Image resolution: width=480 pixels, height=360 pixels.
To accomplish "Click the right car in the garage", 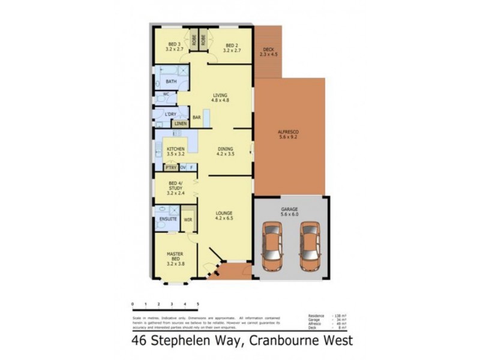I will pyautogui.click(x=310, y=247).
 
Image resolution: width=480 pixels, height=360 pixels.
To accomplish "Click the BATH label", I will pyautogui.click(x=171, y=82).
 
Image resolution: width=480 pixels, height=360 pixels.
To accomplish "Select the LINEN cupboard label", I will pyautogui.click(x=181, y=124).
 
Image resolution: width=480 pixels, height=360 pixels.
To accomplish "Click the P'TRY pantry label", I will pyautogui.click(x=170, y=167).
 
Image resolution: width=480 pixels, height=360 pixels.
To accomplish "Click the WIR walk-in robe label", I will pyautogui.click(x=187, y=220).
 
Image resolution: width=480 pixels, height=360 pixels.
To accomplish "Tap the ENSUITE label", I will pyautogui.click(x=167, y=220).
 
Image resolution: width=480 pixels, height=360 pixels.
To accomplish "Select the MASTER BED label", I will pyautogui.click(x=175, y=256).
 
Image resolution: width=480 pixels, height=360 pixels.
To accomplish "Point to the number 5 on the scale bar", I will pyautogui.click(x=198, y=305).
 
